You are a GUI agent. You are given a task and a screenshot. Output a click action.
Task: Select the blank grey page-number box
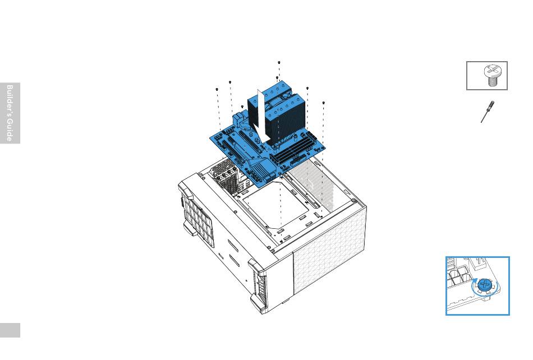(10, 330)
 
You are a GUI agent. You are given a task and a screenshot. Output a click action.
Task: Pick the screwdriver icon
(488, 112)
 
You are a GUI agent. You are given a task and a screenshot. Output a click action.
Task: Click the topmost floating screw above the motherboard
(279, 62)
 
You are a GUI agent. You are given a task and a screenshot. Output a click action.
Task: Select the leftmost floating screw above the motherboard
(217, 89)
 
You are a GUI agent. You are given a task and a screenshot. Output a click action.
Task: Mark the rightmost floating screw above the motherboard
(323, 103)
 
